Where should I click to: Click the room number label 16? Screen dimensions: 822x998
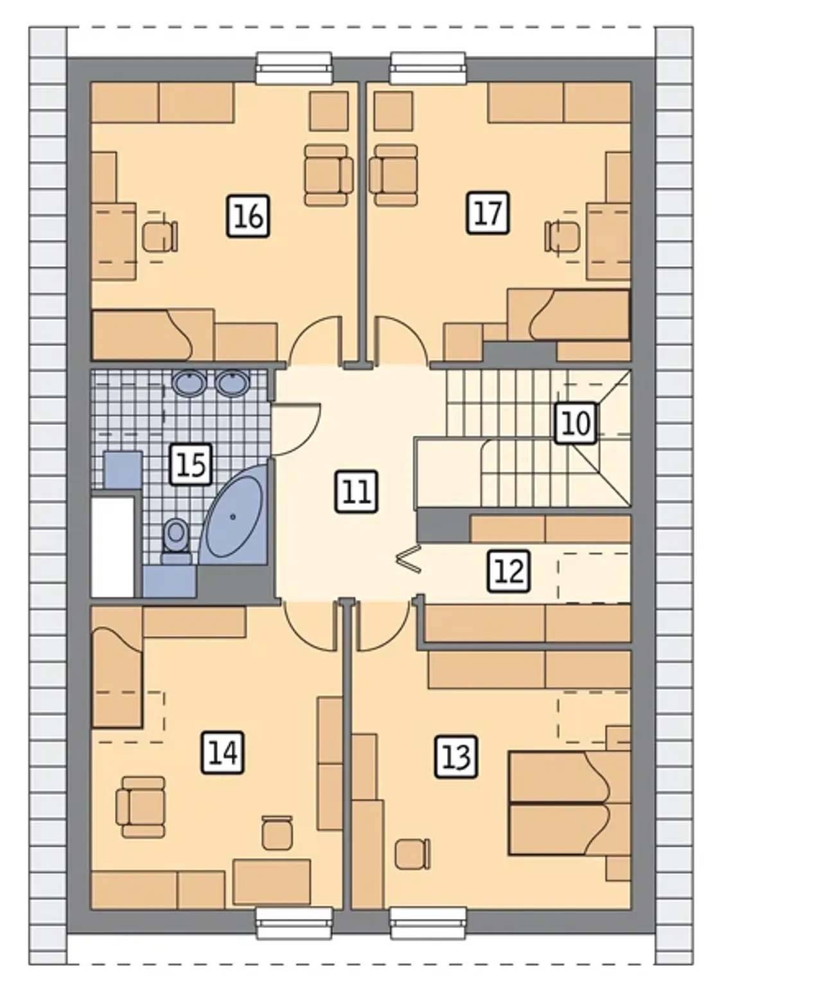pyautogui.click(x=248, y=216)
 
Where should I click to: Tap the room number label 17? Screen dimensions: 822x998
pyautogui.click(x=487, y=213)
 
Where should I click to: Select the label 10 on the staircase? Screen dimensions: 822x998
pyautogui.click(x=576, y=423)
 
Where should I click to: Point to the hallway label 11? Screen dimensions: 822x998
pyautogui.click(x=356, y=492)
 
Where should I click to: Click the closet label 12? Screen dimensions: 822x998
pyautogui.click(x=509, y=571)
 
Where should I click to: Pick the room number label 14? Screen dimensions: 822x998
pyautogui.click(x=223, y=753)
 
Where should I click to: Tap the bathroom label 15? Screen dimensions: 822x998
pyautogui.click(x=191, y=465)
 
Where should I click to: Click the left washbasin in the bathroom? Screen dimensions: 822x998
pyautogui.click(x=189, y=383)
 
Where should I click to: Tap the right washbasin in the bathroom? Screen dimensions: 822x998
pyautogui.click(x=232, y=383)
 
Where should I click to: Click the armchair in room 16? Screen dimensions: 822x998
pyautogui.click(x=329, y=175)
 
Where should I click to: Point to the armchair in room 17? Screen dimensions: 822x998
pyautogui.click(x=393, y=175)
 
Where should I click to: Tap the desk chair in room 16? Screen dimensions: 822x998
pyautogui.click(x=160, y=236)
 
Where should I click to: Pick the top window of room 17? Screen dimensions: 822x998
pyautogui.click(x=428, y=68)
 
